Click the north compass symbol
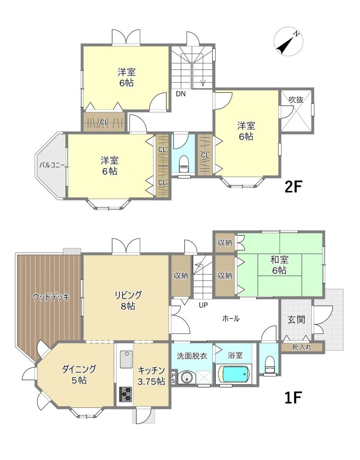tap(288, 42)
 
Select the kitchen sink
tap(126, 359)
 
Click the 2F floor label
tap(293, 186)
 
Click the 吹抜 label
tap(296, 100)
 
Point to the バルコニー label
tap(52, 165)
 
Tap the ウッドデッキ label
tap(51, 297)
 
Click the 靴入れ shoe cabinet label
tap(301, 347)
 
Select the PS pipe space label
tap(173, 378)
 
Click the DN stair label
tap(181, 94)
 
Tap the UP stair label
tap(203, 305)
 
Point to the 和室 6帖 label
tap(280, 265)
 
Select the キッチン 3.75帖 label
tap(151, 376)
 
